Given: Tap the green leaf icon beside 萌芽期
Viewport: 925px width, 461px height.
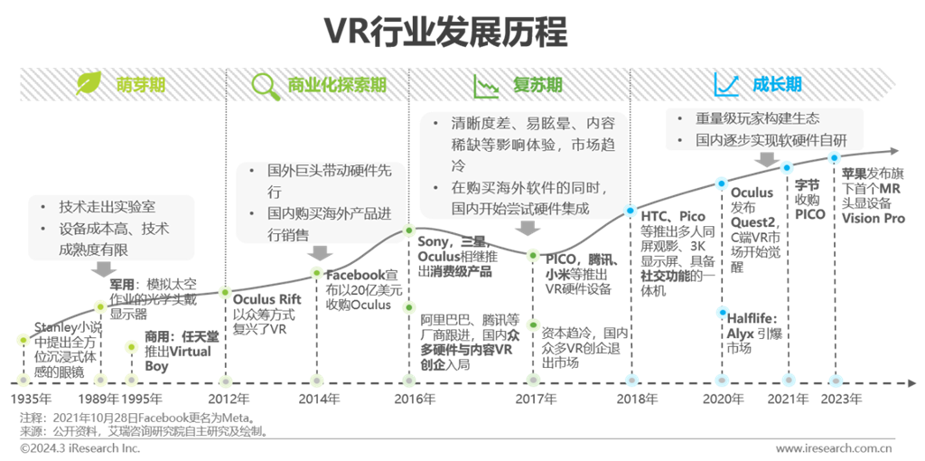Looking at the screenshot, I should [x=89, y=85].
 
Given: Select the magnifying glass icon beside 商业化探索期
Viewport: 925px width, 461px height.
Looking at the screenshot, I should [x=266, y=85].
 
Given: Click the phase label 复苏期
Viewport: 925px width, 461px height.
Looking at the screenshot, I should [x=537, y=85].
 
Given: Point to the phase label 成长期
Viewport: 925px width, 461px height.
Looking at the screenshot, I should [x=776, y=85].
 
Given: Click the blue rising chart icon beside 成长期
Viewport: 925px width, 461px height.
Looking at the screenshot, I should [x=726, y=85].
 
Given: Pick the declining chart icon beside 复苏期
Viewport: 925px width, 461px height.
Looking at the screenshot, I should [x=487, y=85].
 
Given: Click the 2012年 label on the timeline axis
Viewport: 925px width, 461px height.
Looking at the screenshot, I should [x=229, y=399].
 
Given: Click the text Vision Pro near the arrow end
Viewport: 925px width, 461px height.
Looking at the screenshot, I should [x=873, y=219].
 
